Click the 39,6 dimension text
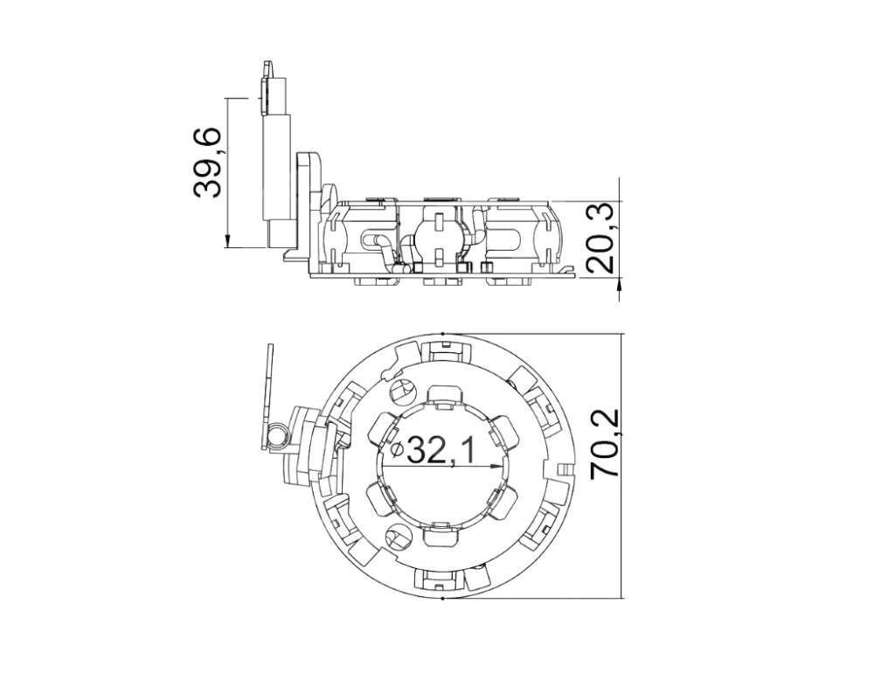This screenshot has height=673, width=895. point(207,163)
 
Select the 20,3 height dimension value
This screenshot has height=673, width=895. point(600,238)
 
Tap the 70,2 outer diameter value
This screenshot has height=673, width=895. point(605,443)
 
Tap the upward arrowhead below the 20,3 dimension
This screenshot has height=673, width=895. point(619,286)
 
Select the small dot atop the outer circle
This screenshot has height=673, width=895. point(442,333)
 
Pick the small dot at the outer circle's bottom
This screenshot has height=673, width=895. point(443,598)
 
